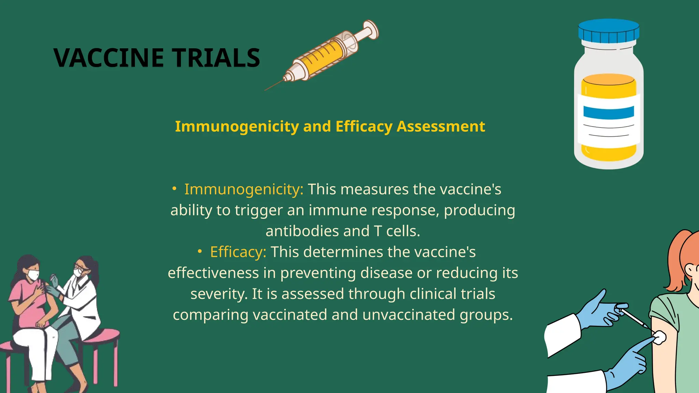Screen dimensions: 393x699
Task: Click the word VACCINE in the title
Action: click(x=109, y=58)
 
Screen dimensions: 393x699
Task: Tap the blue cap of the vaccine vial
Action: click(x=609, y=30)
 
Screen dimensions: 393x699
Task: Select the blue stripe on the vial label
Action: click(x=609, y=112)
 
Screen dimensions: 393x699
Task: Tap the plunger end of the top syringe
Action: click(x=371, y=29)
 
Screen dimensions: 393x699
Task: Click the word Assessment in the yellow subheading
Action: click(x=441, y=126)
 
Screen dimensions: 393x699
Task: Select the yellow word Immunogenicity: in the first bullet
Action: click(x=244, y=189)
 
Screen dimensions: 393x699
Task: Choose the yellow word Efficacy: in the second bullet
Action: click(x=238, y=252)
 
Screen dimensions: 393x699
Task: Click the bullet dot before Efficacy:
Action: click(x=200, y=252)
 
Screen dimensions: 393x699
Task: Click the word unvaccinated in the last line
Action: click(x=409, y=315)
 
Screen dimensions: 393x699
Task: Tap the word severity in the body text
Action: click(x=218, y=294)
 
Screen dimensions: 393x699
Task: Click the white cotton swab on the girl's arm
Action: click(x=659, y=337)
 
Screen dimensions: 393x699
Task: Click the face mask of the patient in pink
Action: click(x=33, y=275)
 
